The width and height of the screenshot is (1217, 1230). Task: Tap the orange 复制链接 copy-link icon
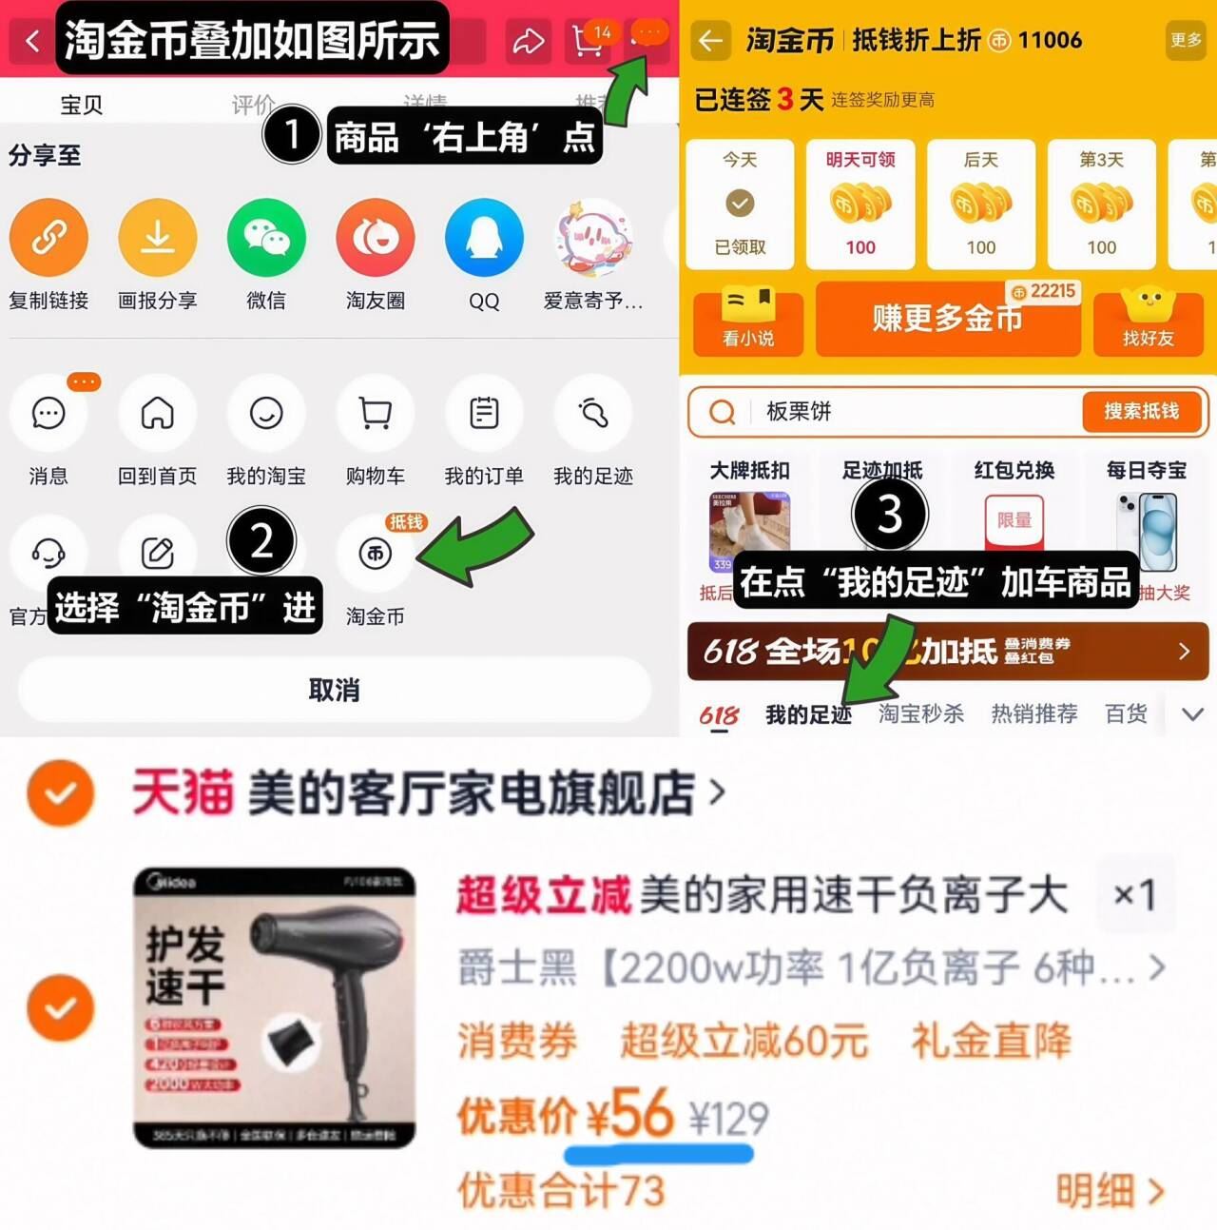(x=48, y=238)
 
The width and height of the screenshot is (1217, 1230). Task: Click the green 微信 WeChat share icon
(x=266, y=238)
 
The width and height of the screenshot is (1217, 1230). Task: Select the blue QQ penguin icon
(x=484, y=238)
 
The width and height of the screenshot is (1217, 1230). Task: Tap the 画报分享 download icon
(x=158, y=238)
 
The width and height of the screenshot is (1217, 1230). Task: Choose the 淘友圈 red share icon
(x=376, y=238)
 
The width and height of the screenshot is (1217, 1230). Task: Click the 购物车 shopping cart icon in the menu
(x=376, y=414)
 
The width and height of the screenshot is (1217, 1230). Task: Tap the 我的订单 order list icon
(x=484, y=414)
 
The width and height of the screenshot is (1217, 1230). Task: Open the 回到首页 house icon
(x=158, y=414)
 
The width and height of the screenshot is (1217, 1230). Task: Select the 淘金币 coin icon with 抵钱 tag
(x=376, y=553)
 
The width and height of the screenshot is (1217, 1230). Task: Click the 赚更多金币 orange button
(x=948, y=318)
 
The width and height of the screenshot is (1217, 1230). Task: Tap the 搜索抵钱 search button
(x=1141, y=411)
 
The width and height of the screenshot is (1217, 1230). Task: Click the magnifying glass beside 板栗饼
(x=723, y=412)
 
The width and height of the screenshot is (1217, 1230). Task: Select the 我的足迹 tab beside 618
(x=808, y=714)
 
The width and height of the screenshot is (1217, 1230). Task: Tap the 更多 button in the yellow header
(x=1186, y=40)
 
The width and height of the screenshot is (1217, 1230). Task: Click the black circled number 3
(x=889, y=515)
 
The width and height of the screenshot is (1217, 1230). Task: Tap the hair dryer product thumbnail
(x=275, y=1007)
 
